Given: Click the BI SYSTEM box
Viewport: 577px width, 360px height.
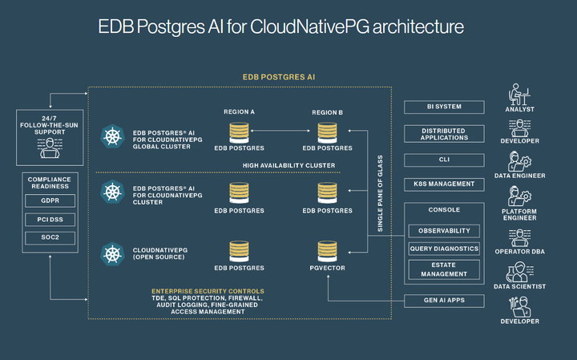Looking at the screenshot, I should (x=444, y=107).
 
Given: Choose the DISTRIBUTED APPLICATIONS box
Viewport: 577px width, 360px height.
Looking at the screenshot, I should (x=444, y=133).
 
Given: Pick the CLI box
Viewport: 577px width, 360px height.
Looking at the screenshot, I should (x=444, y=160).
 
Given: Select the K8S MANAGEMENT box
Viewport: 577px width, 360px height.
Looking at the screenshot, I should (x=444, y=184).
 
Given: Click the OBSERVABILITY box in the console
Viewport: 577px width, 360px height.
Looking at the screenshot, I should (x=444, y=231).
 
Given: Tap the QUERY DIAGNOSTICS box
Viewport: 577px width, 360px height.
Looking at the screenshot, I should (x=444, y=249).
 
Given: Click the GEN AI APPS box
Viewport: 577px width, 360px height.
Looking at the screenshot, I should (x=444, y=300).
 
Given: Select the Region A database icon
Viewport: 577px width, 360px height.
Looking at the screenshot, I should (x=240, y=131).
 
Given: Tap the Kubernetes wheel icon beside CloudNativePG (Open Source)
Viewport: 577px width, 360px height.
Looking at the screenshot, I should (x=111, y=254).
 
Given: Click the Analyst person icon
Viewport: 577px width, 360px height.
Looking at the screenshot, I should (x=519, y=92).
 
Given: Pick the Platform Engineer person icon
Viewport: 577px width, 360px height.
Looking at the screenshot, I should (x=519, y=196).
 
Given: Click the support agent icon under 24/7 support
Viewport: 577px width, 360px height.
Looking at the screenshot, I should (x=49, y=147).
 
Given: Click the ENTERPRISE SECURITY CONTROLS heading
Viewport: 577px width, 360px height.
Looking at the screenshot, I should (x=208, y=291).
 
